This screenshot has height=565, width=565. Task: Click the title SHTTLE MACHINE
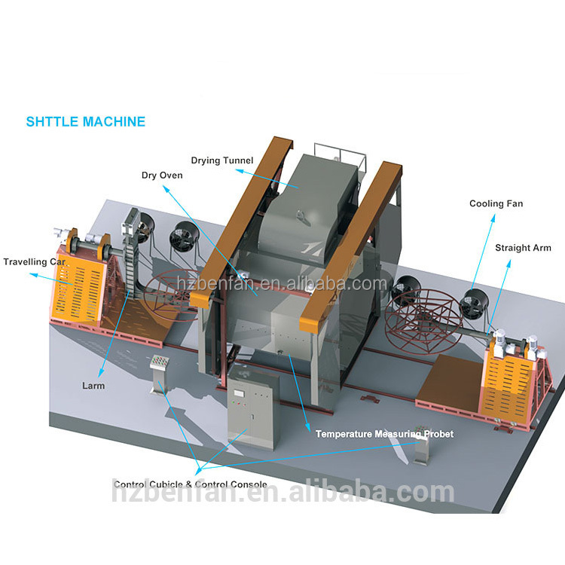coord(86,121)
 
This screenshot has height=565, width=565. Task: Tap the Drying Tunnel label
coord(221,160)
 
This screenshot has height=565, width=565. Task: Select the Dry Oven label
coord(162,176)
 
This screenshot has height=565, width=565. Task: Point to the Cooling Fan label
coord(496,203)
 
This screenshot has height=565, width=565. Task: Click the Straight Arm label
coord(523,248)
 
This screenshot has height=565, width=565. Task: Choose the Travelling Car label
coord(35,262)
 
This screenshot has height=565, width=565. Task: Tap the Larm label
coord(93,386)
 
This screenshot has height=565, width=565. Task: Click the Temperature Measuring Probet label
coord(384,434)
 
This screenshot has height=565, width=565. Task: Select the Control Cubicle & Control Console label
coord(190,484)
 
